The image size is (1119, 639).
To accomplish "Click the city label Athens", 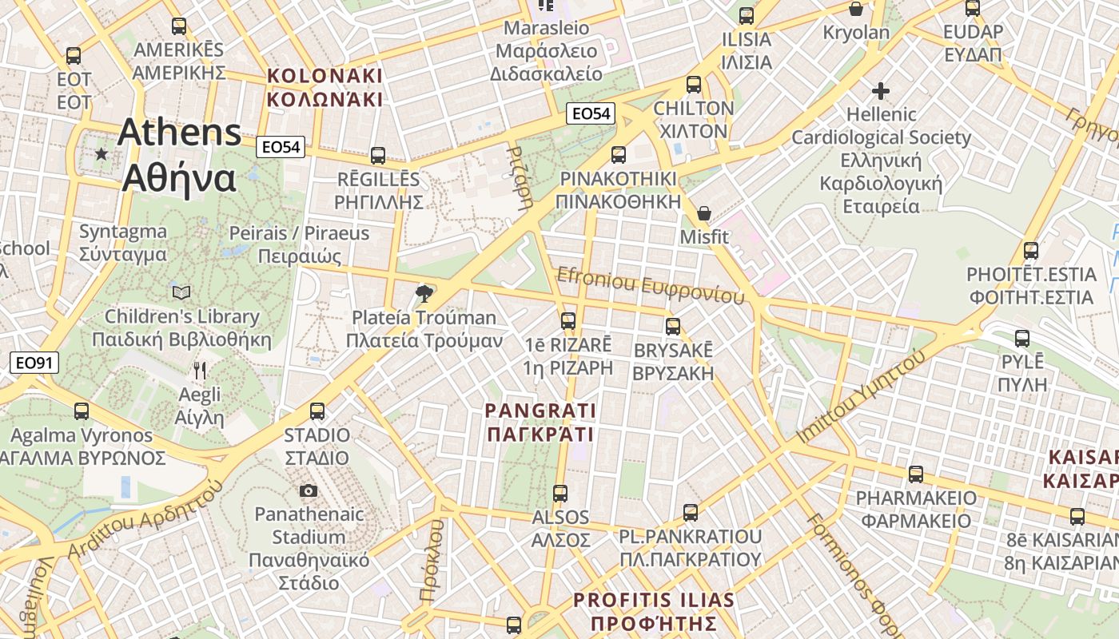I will click(x=179, y=133).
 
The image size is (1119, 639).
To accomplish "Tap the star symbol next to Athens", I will click(x=102, y=153).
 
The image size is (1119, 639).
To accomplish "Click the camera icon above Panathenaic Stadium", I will click(x=308, y=490).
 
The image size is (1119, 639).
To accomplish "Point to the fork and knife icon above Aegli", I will click(x=200, y=371).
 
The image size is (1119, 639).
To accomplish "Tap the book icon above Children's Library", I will click(x=181, y=293).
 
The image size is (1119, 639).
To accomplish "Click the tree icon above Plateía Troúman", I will click(x=424, y=294).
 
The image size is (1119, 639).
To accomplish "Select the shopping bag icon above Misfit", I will click(x=704, y=213).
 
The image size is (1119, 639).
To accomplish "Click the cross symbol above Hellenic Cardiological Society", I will click(x=881, y=91).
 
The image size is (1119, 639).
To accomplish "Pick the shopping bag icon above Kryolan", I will click(x=856, y=9).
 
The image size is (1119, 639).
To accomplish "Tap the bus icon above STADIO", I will click(x=317, y=411).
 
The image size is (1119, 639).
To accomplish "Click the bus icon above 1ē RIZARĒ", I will click(x=568, y=321).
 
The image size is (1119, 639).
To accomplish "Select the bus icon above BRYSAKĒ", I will click(x=673, y=326).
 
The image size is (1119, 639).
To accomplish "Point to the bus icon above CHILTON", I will click(x=694, y=85).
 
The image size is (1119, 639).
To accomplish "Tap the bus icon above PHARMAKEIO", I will click(x=916, y=474).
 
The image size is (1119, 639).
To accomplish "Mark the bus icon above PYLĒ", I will click(x=1022, y=338).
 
